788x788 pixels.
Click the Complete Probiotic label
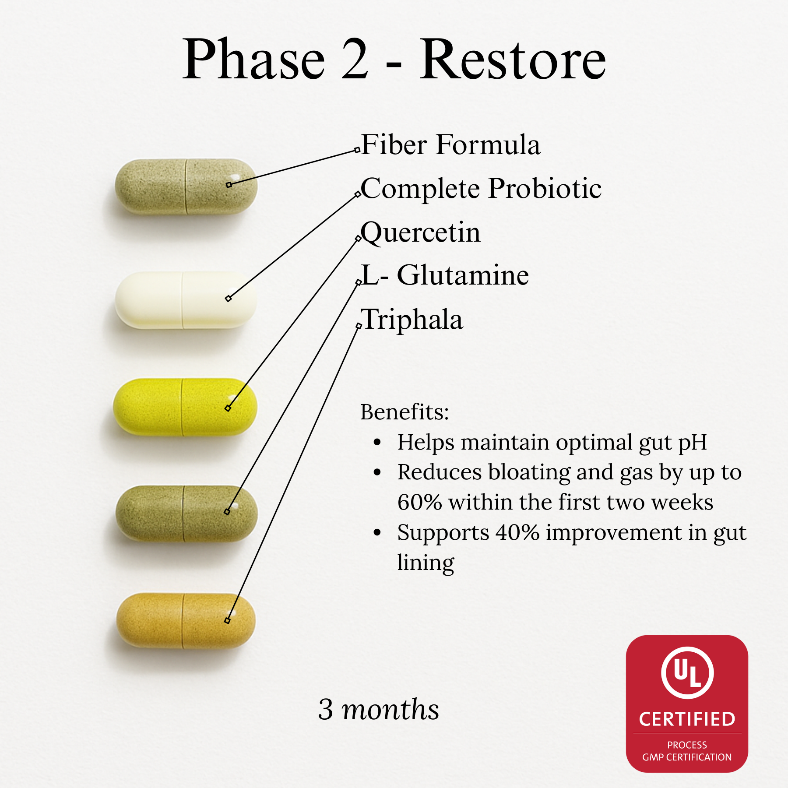coord(481,189)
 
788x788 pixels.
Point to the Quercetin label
coord(421,232)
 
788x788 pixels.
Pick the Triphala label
coord(412,319)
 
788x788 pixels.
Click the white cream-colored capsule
coord(185,300)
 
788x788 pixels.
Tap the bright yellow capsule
coord(185,407)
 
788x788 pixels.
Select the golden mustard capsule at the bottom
coord(186,621)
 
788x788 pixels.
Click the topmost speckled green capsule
coord(186,186)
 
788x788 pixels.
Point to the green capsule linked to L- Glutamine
coord(186,514)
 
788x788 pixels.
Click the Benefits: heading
coord(405,412)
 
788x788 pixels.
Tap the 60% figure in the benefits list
coord(420,503)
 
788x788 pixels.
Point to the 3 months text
coord(379,709)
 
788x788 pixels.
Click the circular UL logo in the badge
coord(687,673)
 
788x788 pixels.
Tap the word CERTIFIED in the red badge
coord(687,719)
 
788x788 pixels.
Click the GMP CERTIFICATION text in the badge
coord(687,757)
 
